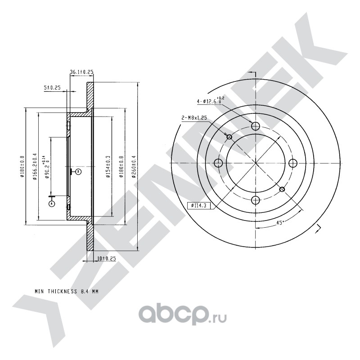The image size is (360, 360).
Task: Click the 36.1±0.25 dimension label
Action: point(81,72)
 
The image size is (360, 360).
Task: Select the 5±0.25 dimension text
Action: point(52,88)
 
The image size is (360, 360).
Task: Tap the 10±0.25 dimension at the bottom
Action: point(107,259)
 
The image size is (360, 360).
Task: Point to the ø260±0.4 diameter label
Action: point(134,166)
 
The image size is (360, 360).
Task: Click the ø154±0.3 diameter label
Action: point(108,166)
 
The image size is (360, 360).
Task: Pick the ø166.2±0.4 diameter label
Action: point(35,166)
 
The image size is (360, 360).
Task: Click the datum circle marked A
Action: point(51,203)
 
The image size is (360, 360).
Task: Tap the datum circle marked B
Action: point(78,171)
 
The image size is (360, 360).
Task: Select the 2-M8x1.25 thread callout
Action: point(193,118)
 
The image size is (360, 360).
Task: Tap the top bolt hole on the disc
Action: point(256,126)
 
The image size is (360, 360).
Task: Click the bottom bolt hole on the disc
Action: point(256,200)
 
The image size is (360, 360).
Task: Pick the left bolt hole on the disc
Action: point(219,163)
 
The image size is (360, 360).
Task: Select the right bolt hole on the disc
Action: point(293,163)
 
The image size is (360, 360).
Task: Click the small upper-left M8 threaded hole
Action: point(229,137)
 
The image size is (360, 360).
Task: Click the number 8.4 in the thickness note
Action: point(85,291)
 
